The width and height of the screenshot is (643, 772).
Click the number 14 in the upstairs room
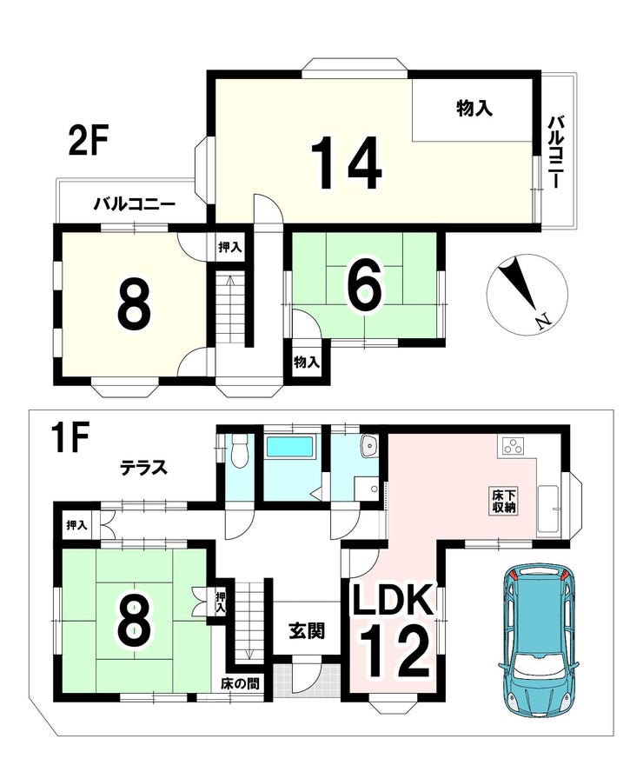click(348, 163)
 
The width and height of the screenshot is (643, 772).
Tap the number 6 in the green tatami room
click(365, 287)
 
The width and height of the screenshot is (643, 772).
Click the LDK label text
click(392, 599)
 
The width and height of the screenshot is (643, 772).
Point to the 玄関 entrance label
click(307, 630)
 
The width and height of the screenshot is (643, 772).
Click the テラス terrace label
click(144, 467)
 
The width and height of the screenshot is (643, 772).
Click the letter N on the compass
click(543, 322)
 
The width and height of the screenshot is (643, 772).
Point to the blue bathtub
click(289, 448)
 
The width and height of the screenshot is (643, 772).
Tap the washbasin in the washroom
click(368, 445)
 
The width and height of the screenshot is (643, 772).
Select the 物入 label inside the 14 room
click(474, 108)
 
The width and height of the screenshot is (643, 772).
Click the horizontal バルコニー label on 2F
click(136, 203)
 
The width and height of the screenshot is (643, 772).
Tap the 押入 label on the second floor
click(229, 247)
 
